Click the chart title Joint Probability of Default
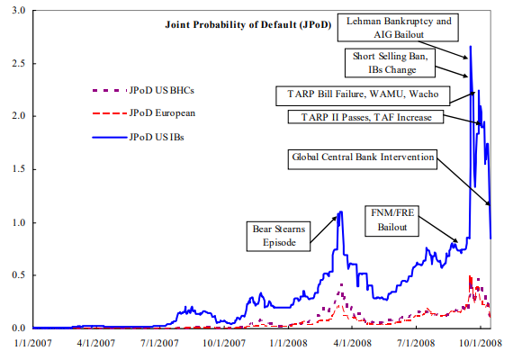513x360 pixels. (x=248, y=25)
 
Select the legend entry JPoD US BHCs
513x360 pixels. (x=143, y=90)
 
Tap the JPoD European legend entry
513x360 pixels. (x=144, y=113)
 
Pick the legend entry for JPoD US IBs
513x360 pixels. (x=138, y=137)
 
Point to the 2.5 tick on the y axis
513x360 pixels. (x=18, y=63)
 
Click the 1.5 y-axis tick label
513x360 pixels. (x=18, y=169)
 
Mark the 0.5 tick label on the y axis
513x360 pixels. (x=18, y=274)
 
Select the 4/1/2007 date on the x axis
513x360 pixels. (x=96, y=343)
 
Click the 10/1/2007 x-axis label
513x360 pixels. (x=224, y=343)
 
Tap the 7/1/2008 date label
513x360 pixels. (x=416, y=343)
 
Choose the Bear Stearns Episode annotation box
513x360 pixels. (x=278, y=237)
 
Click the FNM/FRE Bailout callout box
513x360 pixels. (x=391, y=220)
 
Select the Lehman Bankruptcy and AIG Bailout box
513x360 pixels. (x=398, y=28)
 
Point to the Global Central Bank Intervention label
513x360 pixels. (x=363, y=159)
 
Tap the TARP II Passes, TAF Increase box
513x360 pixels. (x=365, y=117)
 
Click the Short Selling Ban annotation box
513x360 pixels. (x=390, y=63)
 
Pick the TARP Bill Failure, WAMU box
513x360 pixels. (x=363, y=96)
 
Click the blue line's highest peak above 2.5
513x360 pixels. (x=471, y=47)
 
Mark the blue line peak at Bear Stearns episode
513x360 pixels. (x=340, y=211)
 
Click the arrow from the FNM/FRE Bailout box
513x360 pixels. (x=438, y=229)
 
